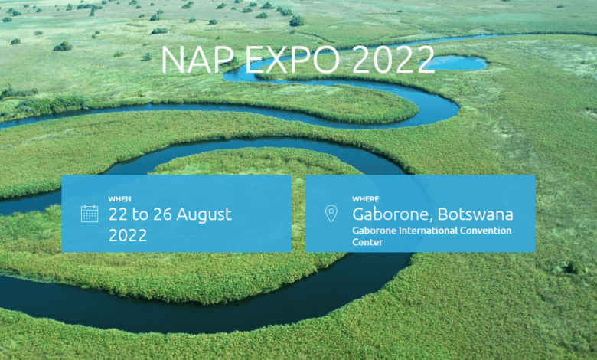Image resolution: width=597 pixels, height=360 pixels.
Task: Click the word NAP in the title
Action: click(x=197, y=60)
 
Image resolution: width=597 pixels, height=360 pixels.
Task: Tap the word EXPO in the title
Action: click(x=292, y=60)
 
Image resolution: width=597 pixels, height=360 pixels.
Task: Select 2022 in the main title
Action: click(x=393, y=60)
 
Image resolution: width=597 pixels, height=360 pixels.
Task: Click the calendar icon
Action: click(x=90, y=214)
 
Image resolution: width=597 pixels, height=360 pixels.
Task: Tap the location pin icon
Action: click(x=331, y=214)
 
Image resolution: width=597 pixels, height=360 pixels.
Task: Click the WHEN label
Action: click(x=119, y=199)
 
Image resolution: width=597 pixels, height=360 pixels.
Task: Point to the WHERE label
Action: click(x=366, y=199)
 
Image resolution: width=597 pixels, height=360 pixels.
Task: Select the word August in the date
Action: click(x=204, y=214)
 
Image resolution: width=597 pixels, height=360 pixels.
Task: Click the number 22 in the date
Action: click(x=118, y=214)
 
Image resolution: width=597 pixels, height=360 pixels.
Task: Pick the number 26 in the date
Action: click(x=162, y=214)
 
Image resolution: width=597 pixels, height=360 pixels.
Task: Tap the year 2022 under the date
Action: click(x=128, y=235)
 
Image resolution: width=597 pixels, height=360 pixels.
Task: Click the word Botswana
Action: click(x=475, y=214)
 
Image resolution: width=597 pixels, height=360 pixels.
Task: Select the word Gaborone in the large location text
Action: click(x=393, y=214)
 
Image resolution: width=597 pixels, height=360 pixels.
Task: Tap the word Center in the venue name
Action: click(x=367, y=242)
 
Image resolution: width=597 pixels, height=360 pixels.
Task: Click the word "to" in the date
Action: click(x=140, y=214)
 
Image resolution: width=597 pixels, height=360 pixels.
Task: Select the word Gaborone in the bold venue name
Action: click(x=374, y=231)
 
